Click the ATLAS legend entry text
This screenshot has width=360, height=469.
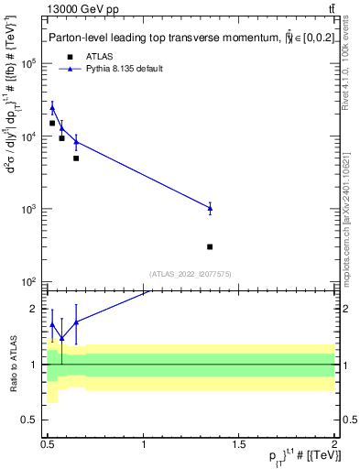pyautogui.click(x=102, y=57)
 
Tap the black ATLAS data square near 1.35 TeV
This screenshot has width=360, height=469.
pyautogui.click(x=210, y=246)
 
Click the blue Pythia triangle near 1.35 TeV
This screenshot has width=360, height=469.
pyautogui.click(x=210, y=208)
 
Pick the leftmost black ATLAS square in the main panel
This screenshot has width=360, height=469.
pyautogui.click(x=52, y=123)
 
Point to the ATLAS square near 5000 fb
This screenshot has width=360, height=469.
pyautogui.click(x=76, y=158)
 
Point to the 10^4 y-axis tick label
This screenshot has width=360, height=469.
pyautogui.click(x=29, y=136)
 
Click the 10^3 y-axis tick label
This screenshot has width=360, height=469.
pyautogui.click(x=29, y=209)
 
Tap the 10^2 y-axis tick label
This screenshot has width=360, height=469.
pyautogui.click(x=29, y=281)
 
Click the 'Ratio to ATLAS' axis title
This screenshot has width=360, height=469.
pyautogui.click(x=12, y=364)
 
